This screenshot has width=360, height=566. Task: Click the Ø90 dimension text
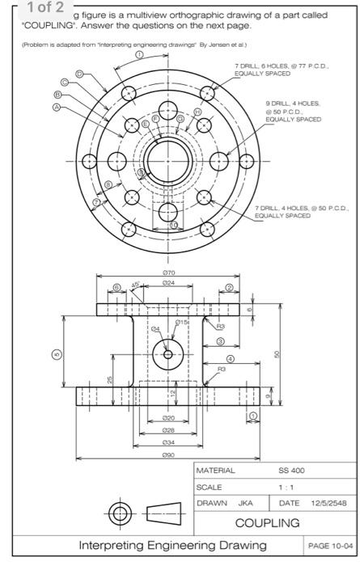click(168, 455)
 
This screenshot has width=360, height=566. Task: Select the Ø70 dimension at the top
click(168, 274)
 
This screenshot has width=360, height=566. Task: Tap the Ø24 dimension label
click(168, 285)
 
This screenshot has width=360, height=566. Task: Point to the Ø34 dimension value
click(168, 442)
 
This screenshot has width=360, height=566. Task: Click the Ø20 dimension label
click(168, 418)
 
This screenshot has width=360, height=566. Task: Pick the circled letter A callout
click(57, 106)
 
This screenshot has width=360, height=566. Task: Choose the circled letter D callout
click(80, 74)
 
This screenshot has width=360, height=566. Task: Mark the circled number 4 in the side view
click(231, 358)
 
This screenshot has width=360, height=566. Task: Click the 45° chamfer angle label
click(137, 285)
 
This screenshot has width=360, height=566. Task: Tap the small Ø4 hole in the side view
click(168, 354)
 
